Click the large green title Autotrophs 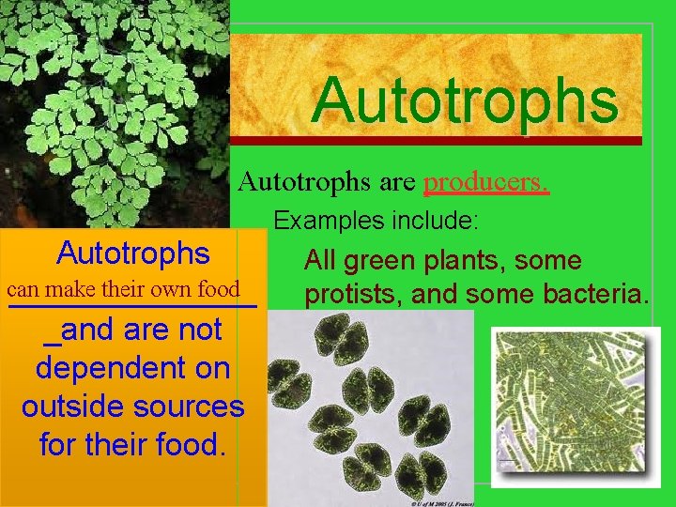coord(466,100)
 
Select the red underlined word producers coord(485,180)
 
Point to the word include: coord(436,222)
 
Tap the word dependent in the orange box coord(132,368)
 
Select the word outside coord(71,407)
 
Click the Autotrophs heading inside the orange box coord(132,253)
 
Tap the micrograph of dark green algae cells coord(371,404)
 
